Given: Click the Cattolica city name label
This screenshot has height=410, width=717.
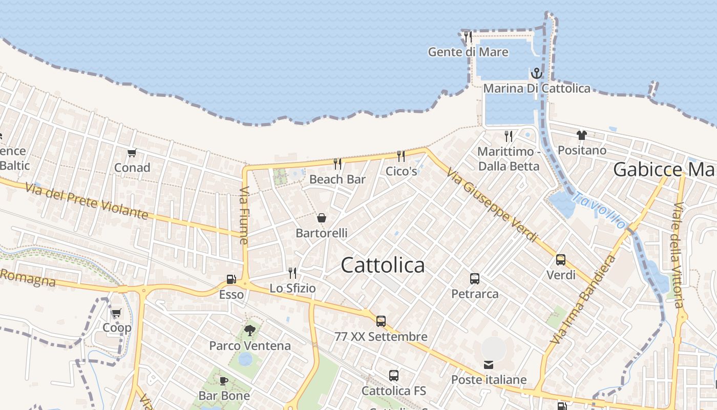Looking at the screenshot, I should [383, 265].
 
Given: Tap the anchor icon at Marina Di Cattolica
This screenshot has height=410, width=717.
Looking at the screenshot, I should [536, 73].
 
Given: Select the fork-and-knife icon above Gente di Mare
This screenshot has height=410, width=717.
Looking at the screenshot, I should [468, 37].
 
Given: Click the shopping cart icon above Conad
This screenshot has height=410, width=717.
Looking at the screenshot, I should [132, 153].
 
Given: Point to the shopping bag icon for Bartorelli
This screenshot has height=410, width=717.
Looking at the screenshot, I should [322, 218].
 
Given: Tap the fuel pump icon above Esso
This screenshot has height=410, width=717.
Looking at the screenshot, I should [231, 279].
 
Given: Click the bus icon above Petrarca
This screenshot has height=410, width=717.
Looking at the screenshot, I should [475, 279].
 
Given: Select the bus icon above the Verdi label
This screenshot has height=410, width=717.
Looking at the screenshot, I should [561, 260].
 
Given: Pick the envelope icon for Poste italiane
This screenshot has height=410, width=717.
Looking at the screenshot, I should [489, 365].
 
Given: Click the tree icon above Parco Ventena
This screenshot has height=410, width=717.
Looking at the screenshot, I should [250, 331].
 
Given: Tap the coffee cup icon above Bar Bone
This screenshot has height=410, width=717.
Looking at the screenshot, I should [224, 381].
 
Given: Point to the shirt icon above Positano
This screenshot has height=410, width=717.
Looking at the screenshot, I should [582, 135].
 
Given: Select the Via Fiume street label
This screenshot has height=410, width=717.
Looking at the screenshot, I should [244, 215].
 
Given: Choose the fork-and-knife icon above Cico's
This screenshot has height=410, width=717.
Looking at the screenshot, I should [401, 156].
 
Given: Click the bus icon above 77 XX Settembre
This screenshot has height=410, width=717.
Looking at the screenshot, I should [381, 321].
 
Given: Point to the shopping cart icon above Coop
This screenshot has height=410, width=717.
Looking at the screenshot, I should [116, 313].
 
